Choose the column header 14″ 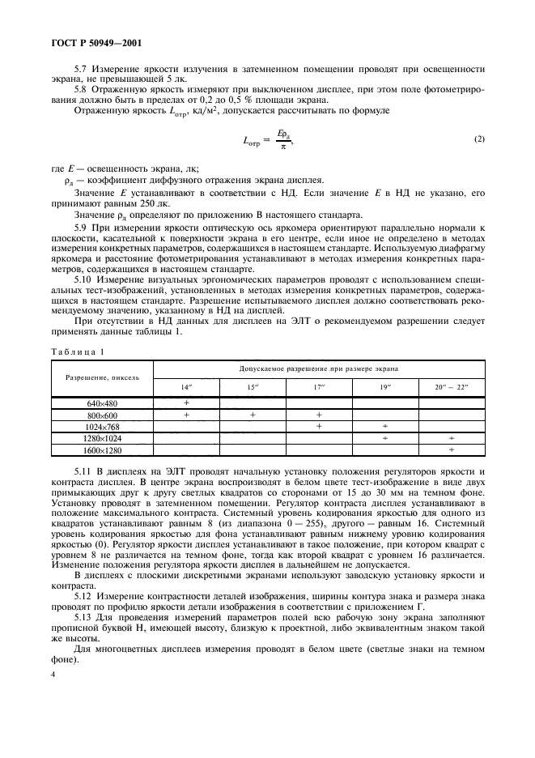pos(186,386)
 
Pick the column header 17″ pos(319,386)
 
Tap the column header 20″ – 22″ pos(452,386)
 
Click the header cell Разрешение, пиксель pos(103,377)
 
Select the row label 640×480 pos(103,402)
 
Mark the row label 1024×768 pos(103,426)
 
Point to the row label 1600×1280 pos(103,449)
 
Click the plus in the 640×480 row pos(186,402)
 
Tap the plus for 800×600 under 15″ pos(253,415)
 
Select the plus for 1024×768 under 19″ pos(385,426)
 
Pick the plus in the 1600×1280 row pos(452,449)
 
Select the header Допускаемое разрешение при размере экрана pos(319,368)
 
